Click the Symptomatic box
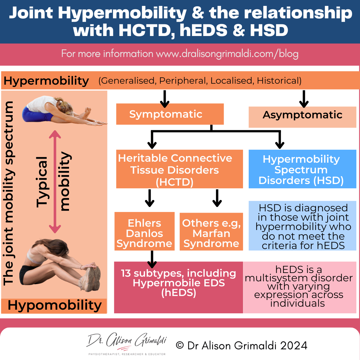click(170, 114)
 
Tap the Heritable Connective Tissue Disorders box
click(175, 169)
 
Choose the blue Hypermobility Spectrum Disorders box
click(302, 169)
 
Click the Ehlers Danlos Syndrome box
click(144, 233)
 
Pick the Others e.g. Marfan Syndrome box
click(211, 233)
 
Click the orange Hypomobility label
click(54, 305)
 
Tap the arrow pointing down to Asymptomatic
click(303, 98)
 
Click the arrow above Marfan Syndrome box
click(217, 198)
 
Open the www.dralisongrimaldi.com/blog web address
click(227, 54)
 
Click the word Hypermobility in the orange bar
click(47, 80)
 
